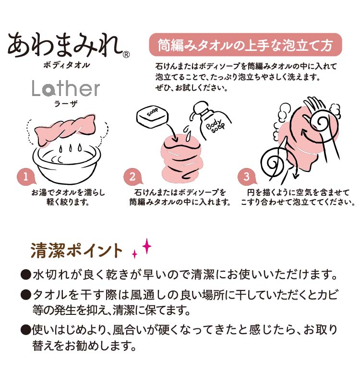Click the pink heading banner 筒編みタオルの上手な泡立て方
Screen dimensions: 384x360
tap(245, 46)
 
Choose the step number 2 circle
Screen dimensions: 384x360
tap(132, 176)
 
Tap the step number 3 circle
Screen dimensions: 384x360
tap(246, 176)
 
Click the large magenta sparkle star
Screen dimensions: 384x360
tap(146, 246)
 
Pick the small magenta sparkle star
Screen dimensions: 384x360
tap(135, 254)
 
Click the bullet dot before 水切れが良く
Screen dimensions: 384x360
tap(26, 276)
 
